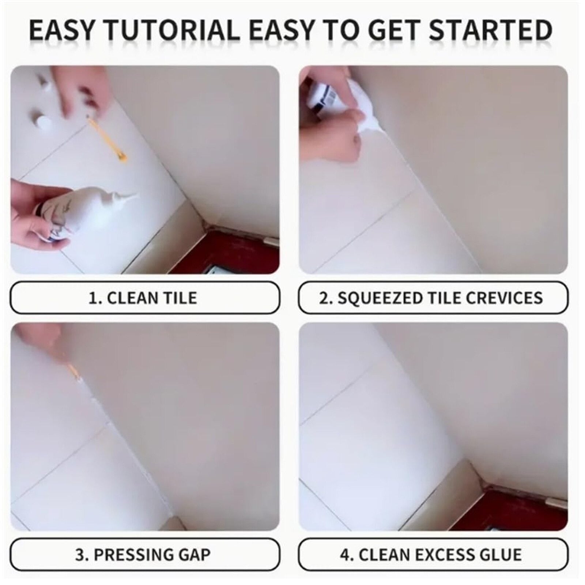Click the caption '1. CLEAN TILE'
[x=143, y=298]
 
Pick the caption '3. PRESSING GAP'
[x=143, y=555]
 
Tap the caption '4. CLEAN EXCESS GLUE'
[x=431, y=555]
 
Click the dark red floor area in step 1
[x=234, y=252]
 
